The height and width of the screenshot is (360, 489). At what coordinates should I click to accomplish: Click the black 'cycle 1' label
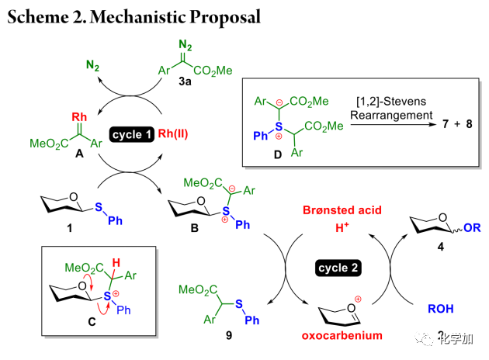tap(133, 134)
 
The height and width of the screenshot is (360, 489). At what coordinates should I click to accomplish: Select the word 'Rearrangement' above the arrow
tap(390, 114)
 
